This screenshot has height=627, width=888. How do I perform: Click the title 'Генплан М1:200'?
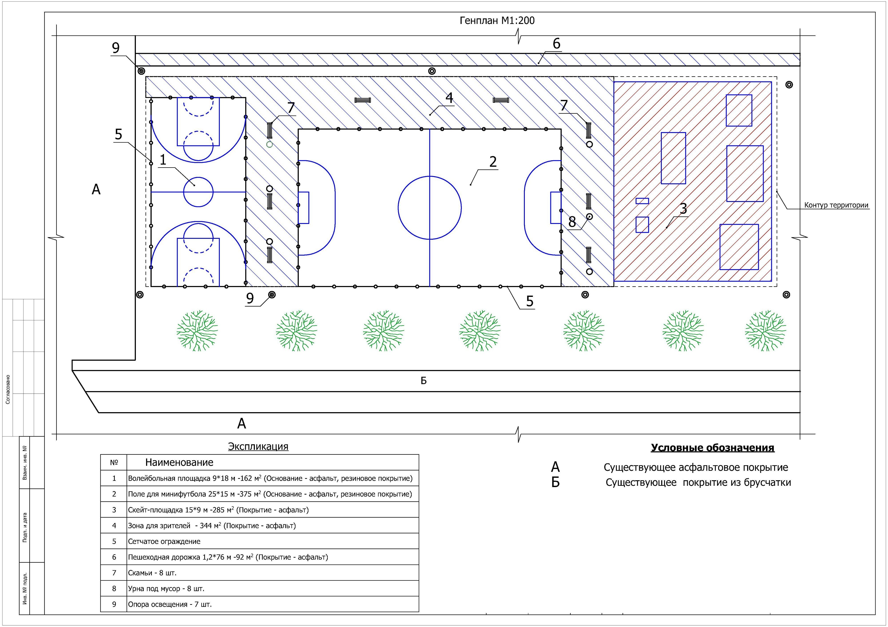coord(497,20)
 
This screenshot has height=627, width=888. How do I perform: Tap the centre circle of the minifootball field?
coord(430,208)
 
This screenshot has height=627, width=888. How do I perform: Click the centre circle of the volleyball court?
coord(198,192)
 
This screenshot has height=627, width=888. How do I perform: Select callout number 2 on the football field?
coord(493,161)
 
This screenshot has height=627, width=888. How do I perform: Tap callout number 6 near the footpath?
coord(556,44)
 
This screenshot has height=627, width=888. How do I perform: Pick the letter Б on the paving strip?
coord(424,381)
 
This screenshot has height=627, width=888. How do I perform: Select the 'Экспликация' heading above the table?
coord(258,447)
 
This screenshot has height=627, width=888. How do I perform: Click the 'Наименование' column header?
coord(179,462)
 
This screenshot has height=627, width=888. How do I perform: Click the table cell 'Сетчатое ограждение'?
coord(164,541)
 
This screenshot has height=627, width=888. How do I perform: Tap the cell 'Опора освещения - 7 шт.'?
coord(170,604)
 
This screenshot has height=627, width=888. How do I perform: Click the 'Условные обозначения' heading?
coord(712,448)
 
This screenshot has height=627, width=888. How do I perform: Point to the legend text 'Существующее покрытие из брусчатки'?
coord(698,482)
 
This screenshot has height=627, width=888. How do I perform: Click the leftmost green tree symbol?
coord(197,331)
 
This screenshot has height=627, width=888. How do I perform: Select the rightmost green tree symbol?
coord(765,331)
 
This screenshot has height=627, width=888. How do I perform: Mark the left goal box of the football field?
coord(304,208)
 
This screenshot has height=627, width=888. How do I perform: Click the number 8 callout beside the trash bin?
coord(572,222)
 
